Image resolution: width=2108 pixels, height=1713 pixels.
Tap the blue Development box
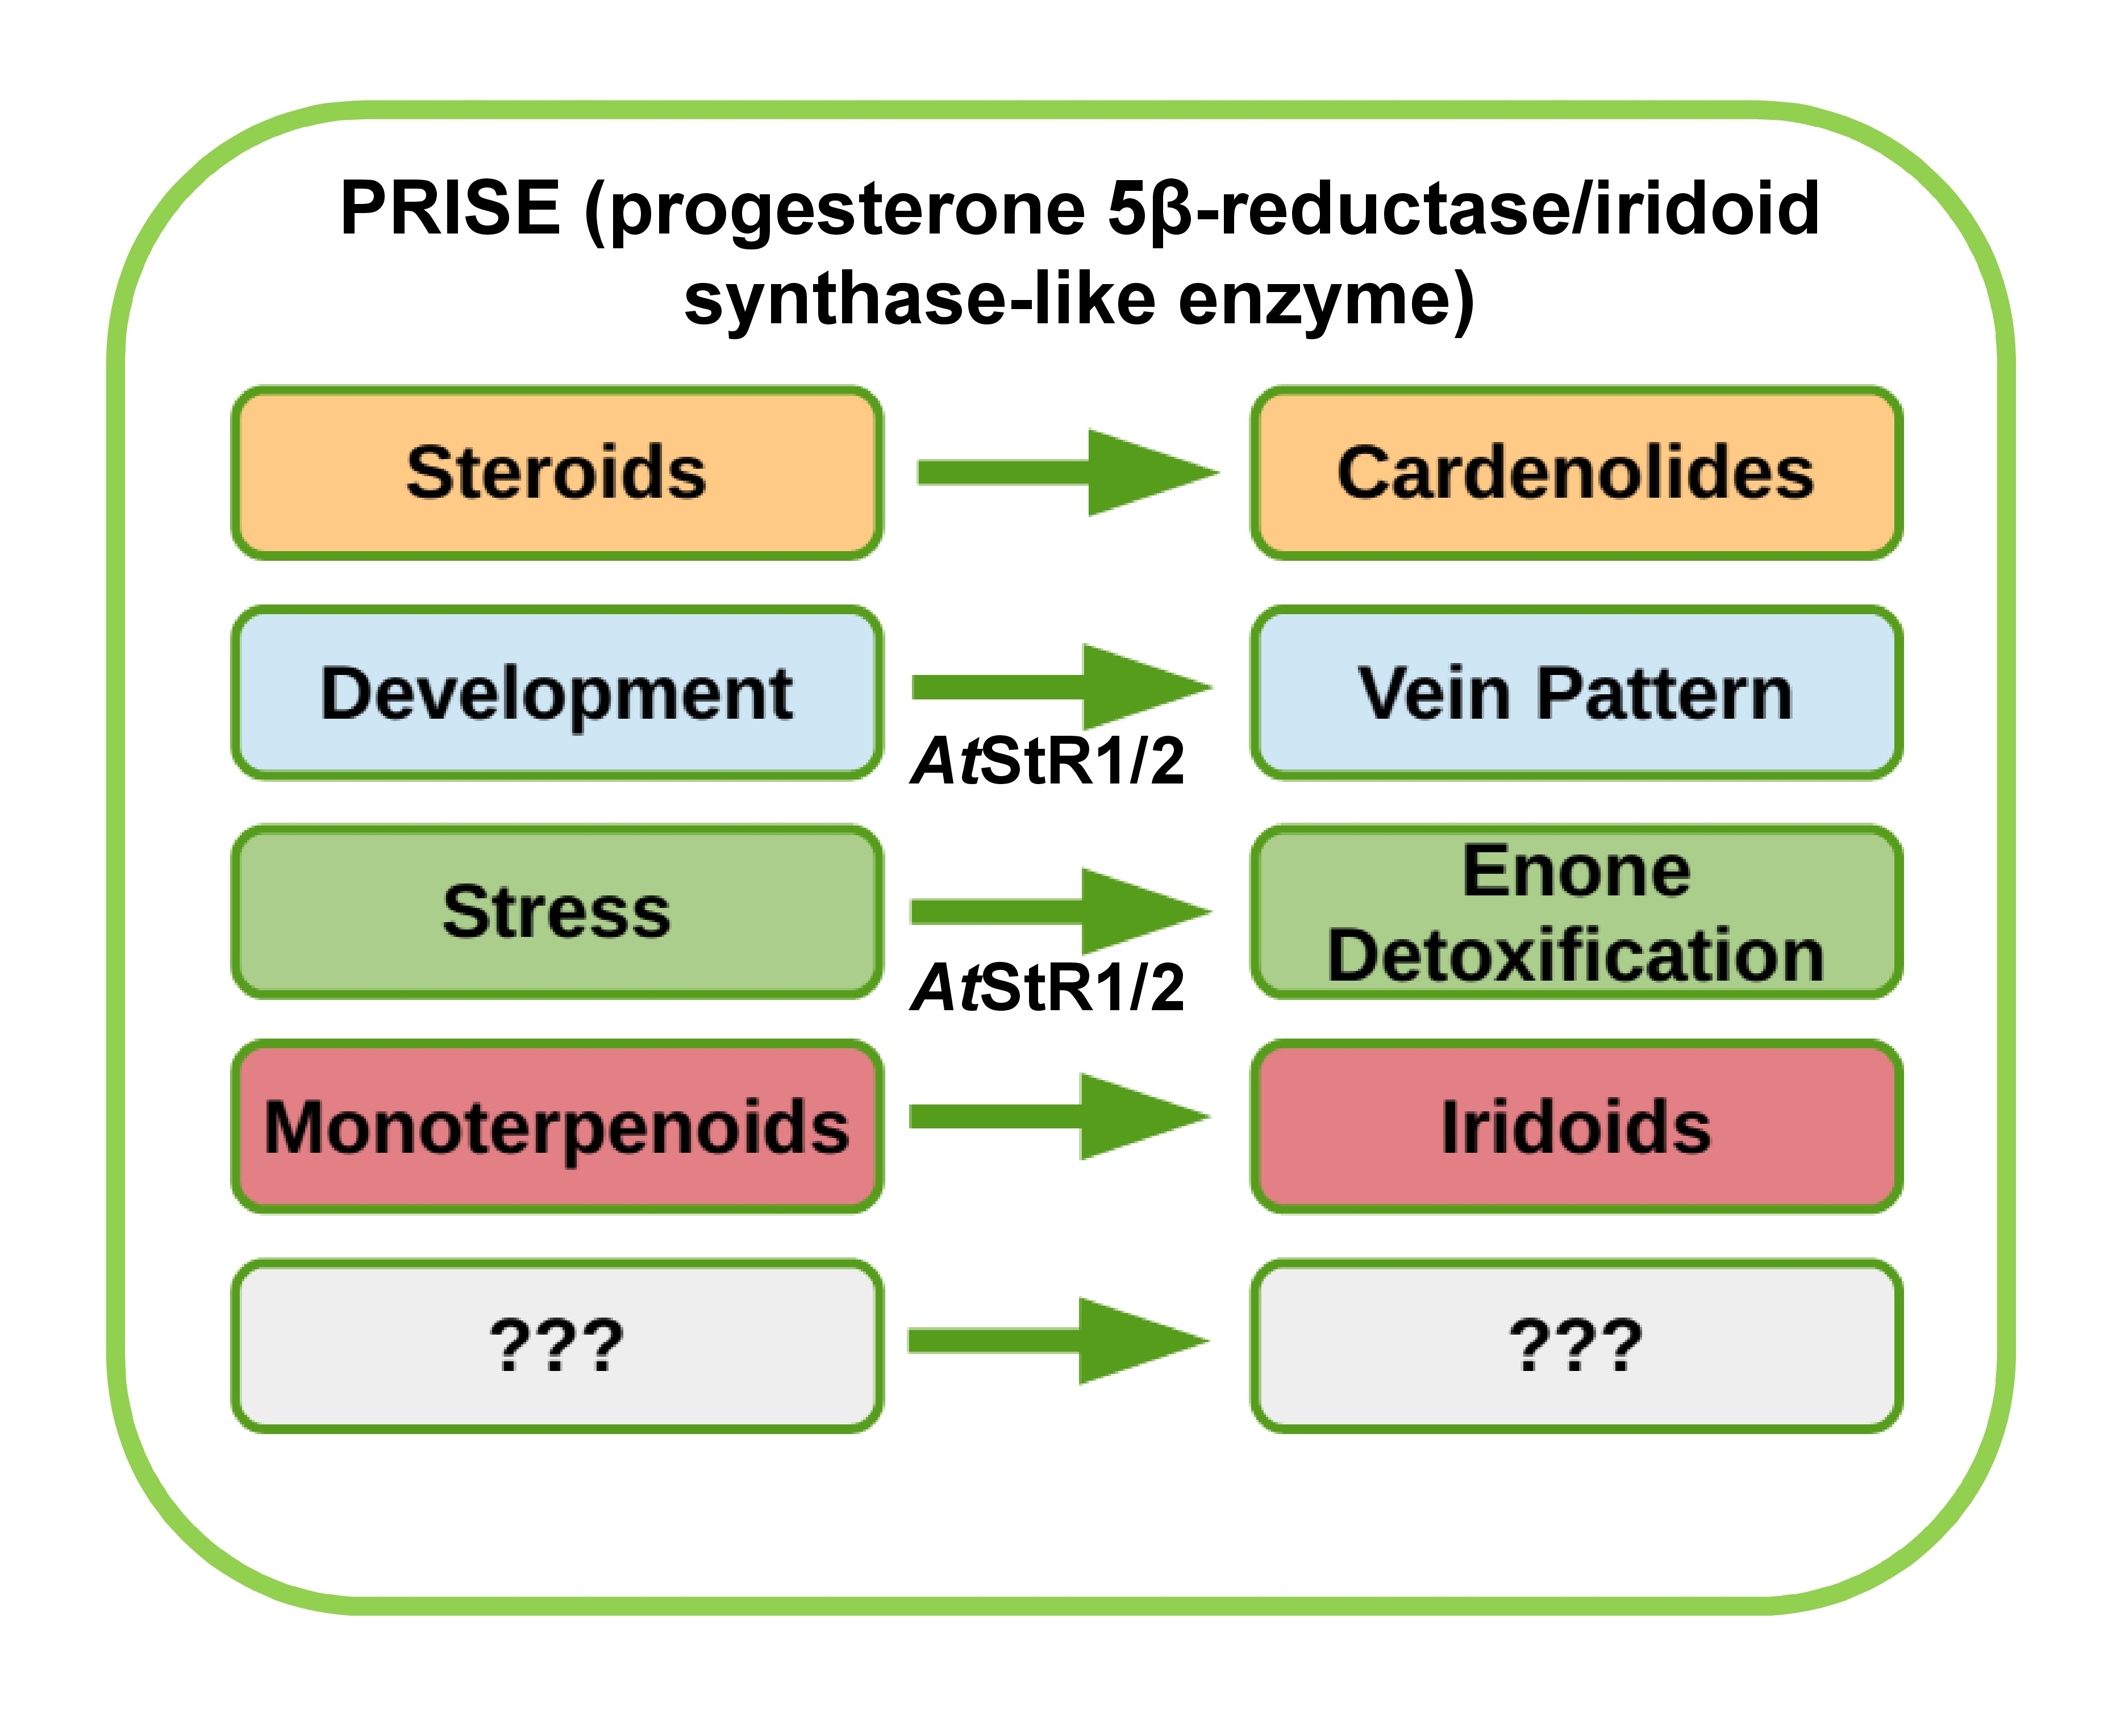(x=557, y=693)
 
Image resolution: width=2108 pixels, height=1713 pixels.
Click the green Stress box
(x=557, y=912)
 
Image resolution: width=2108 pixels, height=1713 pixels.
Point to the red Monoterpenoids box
(x=557, y=1127)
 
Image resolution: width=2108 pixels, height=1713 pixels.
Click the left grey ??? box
(x=557, y=1346)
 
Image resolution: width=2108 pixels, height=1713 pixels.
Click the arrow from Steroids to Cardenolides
(x=1066, y=473)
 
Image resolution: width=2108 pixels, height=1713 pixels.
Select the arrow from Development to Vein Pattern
(x=1061, y=687)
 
